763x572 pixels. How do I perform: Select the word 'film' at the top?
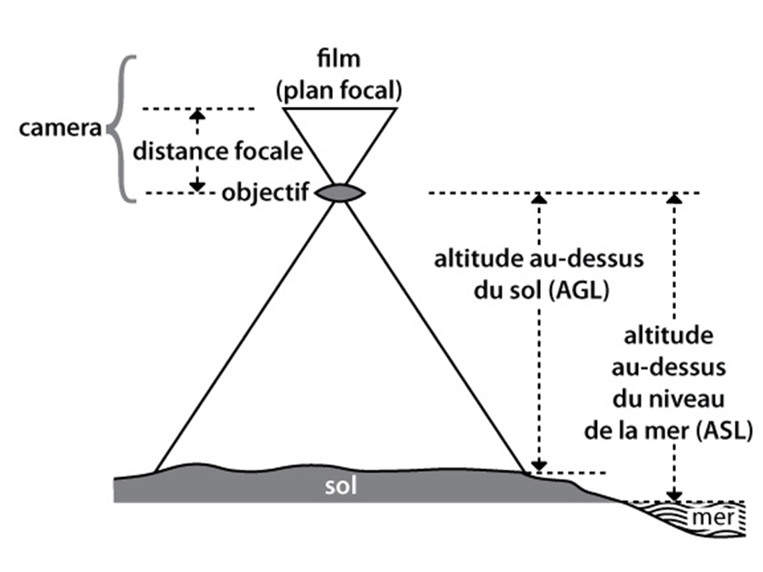pyautogui.click(x=340, y=58)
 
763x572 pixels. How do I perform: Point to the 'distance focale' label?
pyautogui.click(x=218, y=151)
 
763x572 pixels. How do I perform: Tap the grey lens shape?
pyautogui.click(x=340, y=193)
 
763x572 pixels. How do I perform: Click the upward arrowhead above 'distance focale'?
pyautogui.click(x=196, y=113)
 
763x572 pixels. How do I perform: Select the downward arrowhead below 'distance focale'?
pyautogui.click(x=196, y=187)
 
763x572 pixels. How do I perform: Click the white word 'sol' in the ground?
pyautogui.click(x=341, y=486)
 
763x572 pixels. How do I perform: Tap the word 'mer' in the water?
pyautogui.click(x=705, y=517)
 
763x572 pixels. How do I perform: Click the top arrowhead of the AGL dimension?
pyautogui.click(x=540, y=198)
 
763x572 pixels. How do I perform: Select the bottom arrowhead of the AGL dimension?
pyautogui.click(x=540, y=465)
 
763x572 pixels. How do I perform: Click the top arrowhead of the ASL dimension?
pyautogui.click(x=674, y=198)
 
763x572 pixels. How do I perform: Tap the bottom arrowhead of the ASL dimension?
pyautogui.click(x=674, y=495)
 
